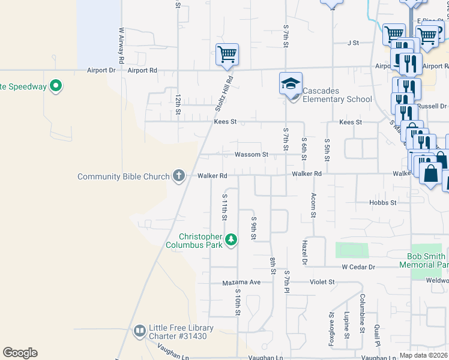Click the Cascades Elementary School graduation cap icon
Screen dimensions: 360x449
pos(291,83)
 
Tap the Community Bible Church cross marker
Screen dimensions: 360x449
pos(178,176)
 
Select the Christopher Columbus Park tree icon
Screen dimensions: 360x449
pos(231,240)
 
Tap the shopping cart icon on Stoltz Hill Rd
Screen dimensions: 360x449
pos(228,54)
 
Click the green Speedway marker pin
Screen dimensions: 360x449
pos(56,86)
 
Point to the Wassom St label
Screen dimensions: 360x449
pos(251,154)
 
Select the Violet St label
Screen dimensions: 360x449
pos(322,281)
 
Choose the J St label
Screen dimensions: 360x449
pos(352,43)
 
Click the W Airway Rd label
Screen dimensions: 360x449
pos(121,46)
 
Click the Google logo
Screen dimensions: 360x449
pos(20,353)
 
